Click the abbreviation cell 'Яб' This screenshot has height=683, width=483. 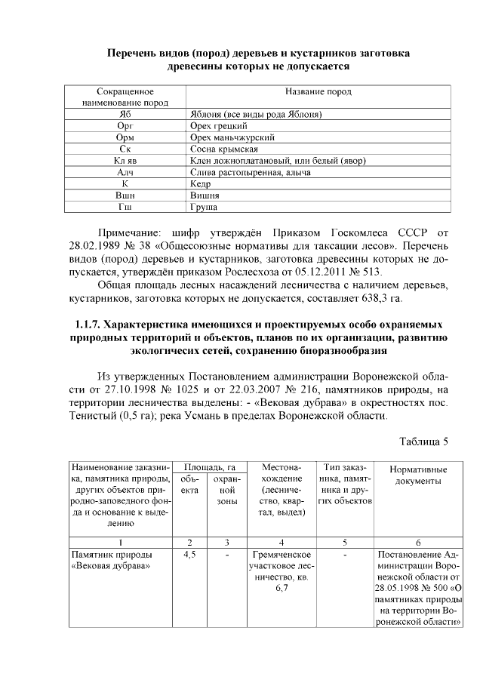[125, 114]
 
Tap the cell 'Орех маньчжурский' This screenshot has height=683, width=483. [231, 138]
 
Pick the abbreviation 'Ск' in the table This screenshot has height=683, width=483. [125, 149]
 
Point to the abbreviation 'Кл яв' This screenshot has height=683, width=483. [125, 162]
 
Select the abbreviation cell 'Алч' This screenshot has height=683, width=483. [125, 173]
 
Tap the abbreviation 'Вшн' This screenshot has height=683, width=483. [125, 195]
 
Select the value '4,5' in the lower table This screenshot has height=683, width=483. [190, 554]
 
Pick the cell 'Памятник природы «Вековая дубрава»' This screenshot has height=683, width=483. [106, 560]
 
